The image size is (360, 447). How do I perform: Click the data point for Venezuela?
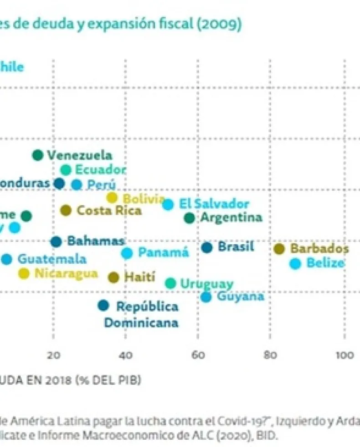[x=38, y=155]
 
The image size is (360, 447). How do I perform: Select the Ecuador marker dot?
[x=66, y=170]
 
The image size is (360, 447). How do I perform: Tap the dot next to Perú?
[x=77, y=185]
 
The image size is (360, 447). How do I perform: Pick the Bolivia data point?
[x=112, y=198]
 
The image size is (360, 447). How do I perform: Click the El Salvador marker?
[x=168, y=204]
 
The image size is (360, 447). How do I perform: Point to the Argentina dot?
[x=190, y=218]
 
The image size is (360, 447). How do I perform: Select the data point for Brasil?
[x=207, y=247]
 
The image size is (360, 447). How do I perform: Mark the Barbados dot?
[x=279, y=249]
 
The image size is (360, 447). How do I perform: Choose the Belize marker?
[x=295, y=263]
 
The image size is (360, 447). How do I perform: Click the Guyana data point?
[x=206, y=297]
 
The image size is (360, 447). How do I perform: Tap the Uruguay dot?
[x=170, y=283]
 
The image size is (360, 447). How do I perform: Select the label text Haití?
[x=139, y=277]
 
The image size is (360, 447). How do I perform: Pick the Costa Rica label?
[x=109, y=211]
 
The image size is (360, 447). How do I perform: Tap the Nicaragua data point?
[x=24, y=273]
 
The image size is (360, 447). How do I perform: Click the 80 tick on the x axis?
[x=270, y=355]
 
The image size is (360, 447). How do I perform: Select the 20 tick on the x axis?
[x=53, y=355]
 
